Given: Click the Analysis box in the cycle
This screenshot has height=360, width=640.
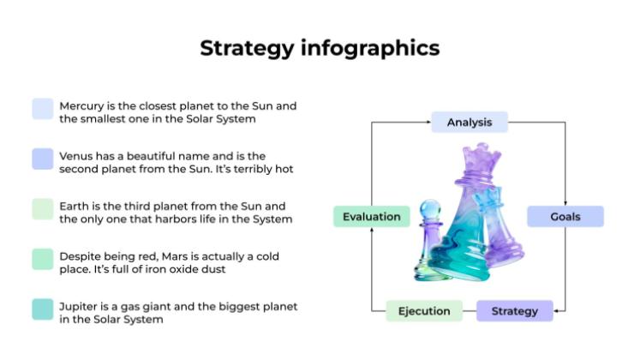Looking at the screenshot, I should click(x=469, y=123).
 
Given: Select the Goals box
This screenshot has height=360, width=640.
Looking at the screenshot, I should click(x=565, y=217).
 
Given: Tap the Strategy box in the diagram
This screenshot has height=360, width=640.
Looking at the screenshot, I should click(x=514, y=310).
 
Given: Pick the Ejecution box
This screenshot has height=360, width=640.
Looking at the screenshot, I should click(x=424, y=310).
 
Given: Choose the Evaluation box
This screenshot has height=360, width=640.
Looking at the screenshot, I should click(x=371, y=217).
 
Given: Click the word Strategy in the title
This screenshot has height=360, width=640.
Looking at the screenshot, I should click(x=247, y=48).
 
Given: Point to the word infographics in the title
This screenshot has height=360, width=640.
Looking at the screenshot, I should click(x=369, y=48).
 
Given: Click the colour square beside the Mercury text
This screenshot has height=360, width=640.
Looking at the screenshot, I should click(x=43, y=109).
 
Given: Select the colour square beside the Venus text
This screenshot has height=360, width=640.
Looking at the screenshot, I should click(x=43, y=159).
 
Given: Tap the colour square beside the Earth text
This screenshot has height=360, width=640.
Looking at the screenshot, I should click(x=43, y=209).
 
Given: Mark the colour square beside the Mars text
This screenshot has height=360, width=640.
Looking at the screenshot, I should click(x=43, y=259).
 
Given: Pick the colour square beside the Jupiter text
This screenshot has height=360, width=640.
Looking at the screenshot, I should click(x=43, y=309).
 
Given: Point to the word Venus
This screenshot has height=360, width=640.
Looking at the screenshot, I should click(x=77, y=156).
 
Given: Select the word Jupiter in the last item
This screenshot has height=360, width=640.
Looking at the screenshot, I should click(x=79, y=306).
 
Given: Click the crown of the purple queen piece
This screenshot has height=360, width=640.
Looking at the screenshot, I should click(x=481, y=158).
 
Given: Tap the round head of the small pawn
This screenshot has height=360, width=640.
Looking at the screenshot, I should click(x=430, y=209).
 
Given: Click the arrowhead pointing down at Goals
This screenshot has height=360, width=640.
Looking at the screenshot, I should click(x=565, y=202).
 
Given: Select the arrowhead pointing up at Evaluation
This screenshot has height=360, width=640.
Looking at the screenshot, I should click(x=371, y=231).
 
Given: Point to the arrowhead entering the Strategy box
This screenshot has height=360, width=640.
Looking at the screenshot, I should click(x=557, y=310).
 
